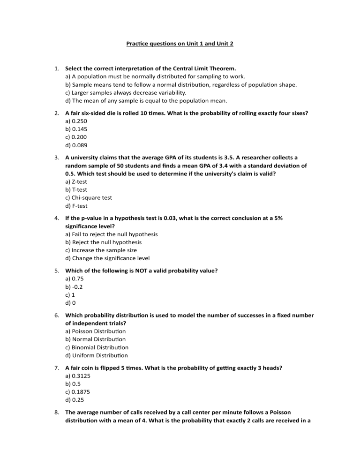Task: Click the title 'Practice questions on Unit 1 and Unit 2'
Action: [x=180, y=44]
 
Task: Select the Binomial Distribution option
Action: [x=97, y=347]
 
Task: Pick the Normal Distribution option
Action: [x=94, y=339]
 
